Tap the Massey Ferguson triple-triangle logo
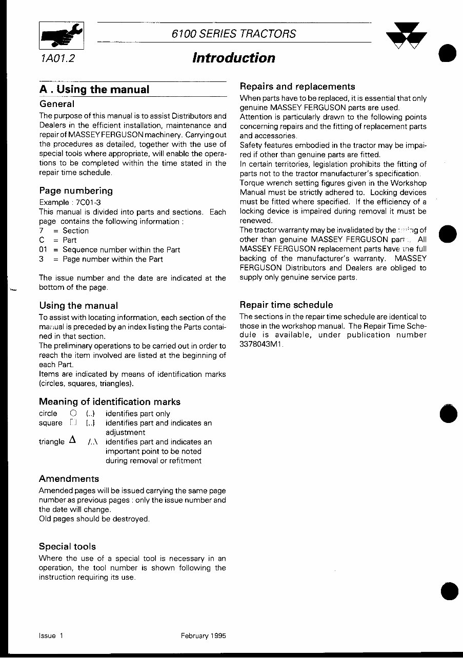coord(406,37)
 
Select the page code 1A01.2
coord(56,58)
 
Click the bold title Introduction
coord(233,58)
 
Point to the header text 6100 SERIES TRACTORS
coord(234,34)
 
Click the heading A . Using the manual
coord(94,90)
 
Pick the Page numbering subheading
coord(76,190)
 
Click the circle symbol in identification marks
coord(73,413)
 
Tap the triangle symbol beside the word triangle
coord(72,440)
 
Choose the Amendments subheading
coord(69,479)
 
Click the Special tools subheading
coord(67,546)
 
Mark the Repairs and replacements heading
coord(297,87)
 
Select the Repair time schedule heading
coord(286,305)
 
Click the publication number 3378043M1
coord(260,344)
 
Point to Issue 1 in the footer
coord(51,635)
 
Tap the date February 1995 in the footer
coord(202,635)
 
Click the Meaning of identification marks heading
coord(110,401)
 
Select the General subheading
coord(57,103)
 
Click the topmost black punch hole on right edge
coord(448,54)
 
